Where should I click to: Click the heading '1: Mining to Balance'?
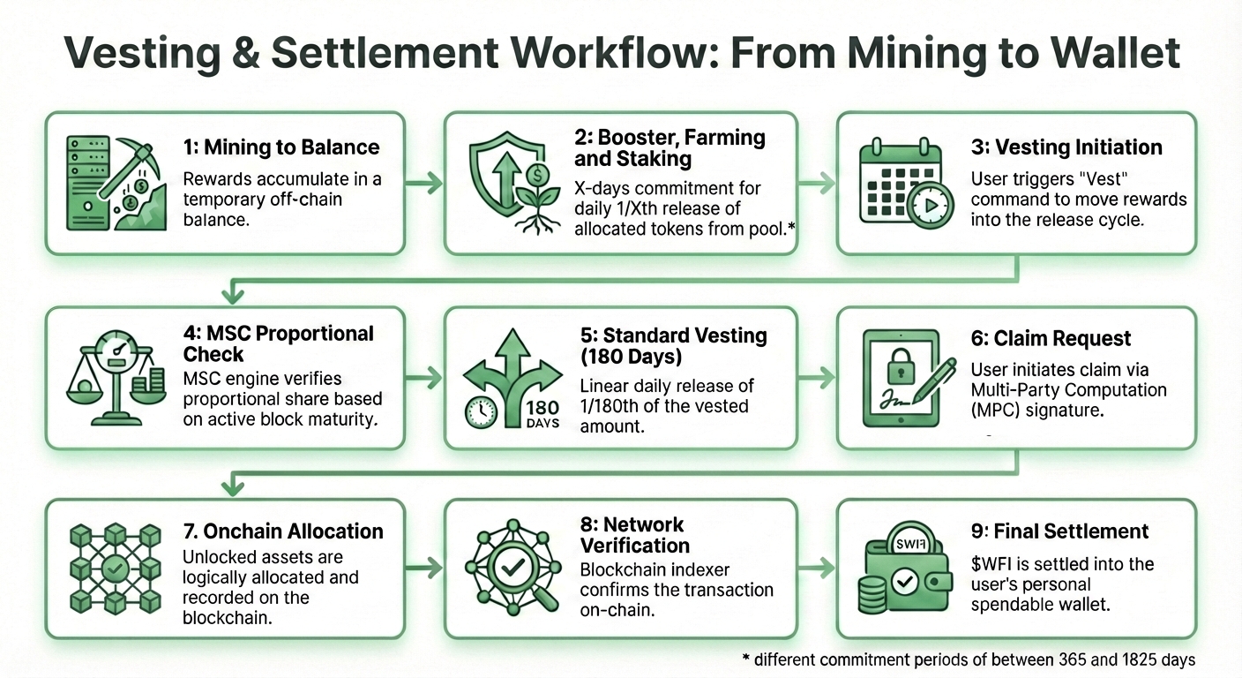[281, 147]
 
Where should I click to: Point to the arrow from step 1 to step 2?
[424, 184]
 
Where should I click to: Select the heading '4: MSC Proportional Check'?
[279, 343]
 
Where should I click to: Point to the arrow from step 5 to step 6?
[817, 378]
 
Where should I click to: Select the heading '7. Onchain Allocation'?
[282, 531]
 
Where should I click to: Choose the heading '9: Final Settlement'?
[1059, 531]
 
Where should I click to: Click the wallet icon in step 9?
[909, 573]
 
